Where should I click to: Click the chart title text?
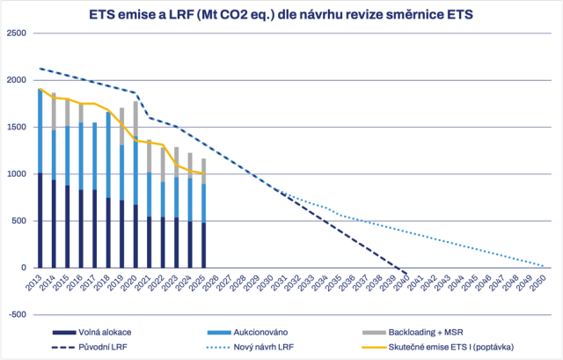(x=281, y=15)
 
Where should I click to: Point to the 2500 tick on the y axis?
(x=17, y=33)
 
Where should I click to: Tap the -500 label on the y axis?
(x=18, y=315)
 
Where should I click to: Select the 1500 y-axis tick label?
(x=17, y=127)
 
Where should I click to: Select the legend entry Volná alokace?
(x=91, y=333)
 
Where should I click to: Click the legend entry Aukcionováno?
(x=247, y=333)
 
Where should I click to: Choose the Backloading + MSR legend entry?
(x=413, y=333)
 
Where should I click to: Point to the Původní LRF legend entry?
(x=90, y=347)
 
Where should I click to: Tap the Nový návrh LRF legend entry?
(x=250, y=347)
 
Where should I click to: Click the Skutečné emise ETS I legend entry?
(x=438, y=347)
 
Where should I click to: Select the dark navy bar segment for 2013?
(x=40, y=220)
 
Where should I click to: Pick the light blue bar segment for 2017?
(x=95, y=157)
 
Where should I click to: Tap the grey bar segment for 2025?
(x=203, y=172)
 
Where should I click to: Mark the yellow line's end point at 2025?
(x=203, y=173)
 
